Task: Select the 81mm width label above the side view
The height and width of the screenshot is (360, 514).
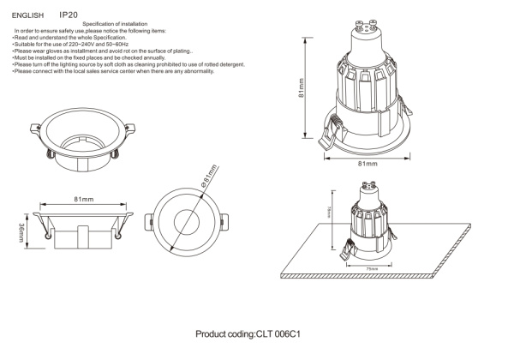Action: (x=83, y=199)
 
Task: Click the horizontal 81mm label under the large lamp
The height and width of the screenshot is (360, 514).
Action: (x=368, y=162)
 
